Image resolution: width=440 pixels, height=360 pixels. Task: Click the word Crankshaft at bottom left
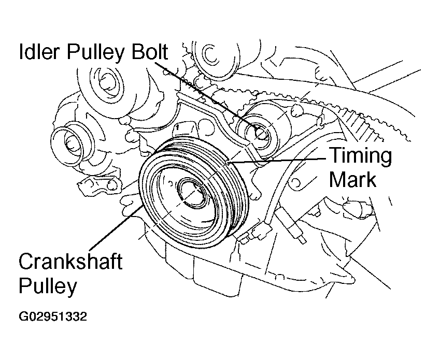pos(70,261)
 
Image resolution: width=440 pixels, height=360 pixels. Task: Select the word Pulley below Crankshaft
pos(48,286)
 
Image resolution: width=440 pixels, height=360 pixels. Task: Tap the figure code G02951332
pos(53,316)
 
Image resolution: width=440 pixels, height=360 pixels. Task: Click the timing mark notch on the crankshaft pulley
pos(228,162)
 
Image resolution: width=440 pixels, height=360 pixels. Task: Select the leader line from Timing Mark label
pos(277,160)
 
